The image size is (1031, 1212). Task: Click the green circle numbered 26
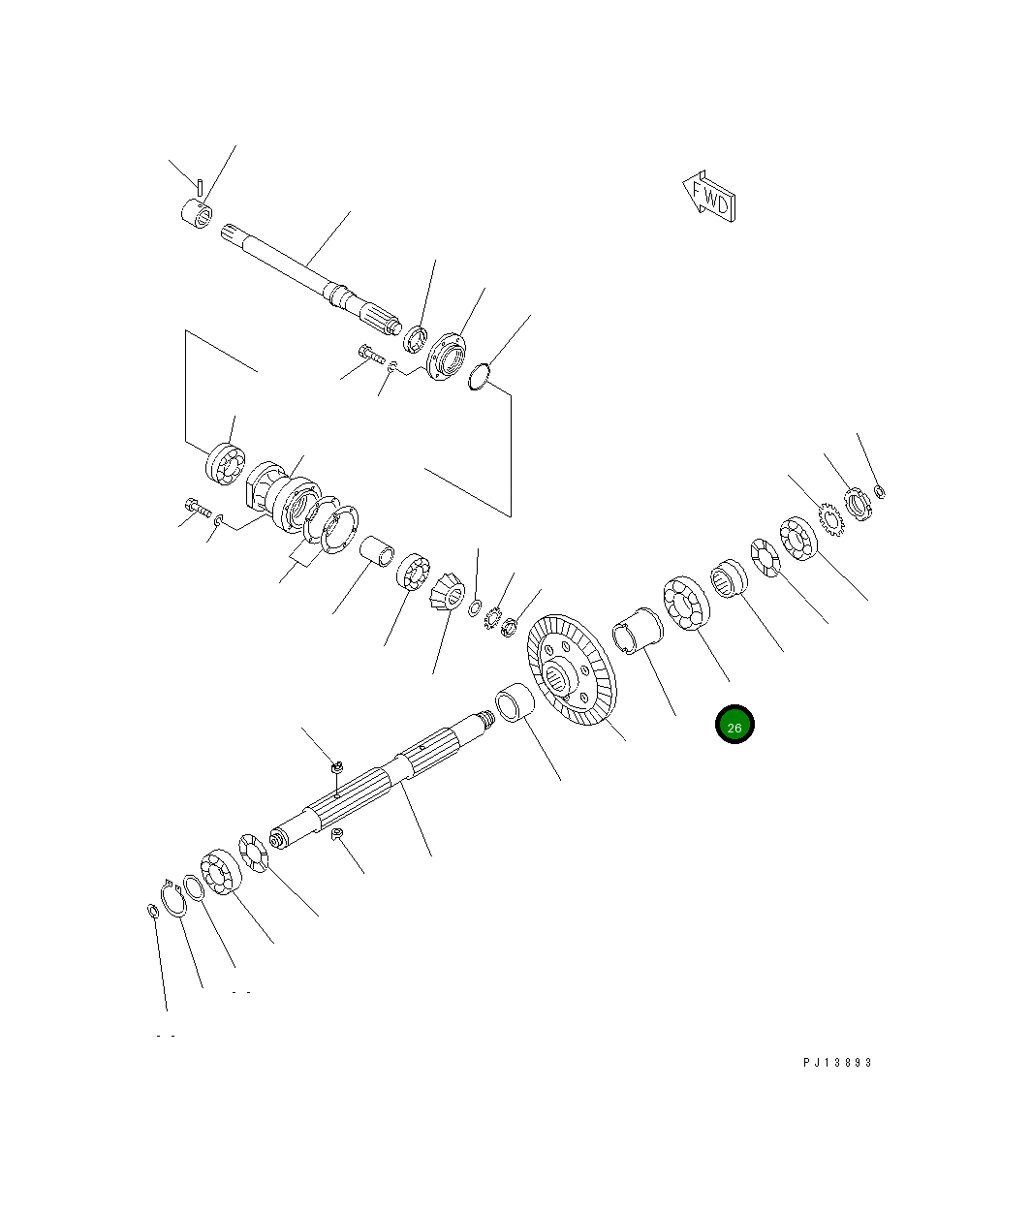coord(734,725)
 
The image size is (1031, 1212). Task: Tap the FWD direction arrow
coord(709,199)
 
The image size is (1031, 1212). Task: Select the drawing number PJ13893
coord(837,1062)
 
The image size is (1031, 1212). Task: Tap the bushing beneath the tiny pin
coord(197,212)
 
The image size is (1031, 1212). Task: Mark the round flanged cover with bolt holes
coord(446,359)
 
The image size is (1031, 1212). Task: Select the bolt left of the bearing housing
coord(198,507)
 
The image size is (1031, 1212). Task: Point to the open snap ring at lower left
coord(173,898)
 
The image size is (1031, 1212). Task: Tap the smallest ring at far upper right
coord(880,492)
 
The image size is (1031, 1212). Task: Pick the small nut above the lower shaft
coord(337,768)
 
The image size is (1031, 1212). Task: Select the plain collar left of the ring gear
coord(515,702)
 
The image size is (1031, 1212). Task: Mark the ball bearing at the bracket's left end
coord(224,462)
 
